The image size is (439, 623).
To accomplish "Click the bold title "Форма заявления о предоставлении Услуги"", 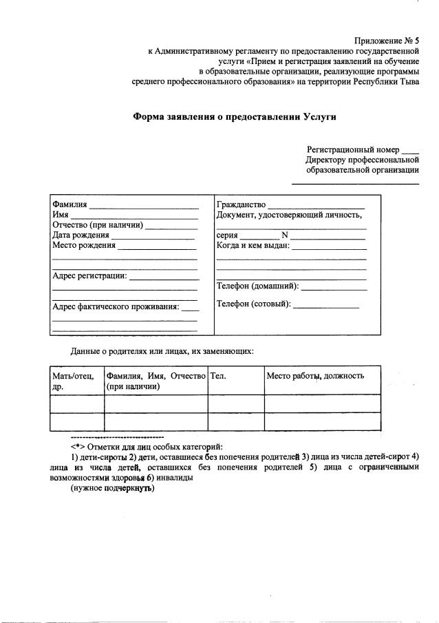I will coord(234,116).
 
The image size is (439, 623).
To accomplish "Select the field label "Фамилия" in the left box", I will coord(69,205).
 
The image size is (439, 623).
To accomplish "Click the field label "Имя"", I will coord(60,215).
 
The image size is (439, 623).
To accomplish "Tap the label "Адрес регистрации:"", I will coord(89,276).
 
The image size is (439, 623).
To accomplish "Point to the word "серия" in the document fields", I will coord(227,235).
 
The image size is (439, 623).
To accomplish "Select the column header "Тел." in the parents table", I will coord(218,376).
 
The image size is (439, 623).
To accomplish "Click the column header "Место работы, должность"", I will coord(315,376).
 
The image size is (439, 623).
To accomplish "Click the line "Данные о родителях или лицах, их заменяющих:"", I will coord(162,351).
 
